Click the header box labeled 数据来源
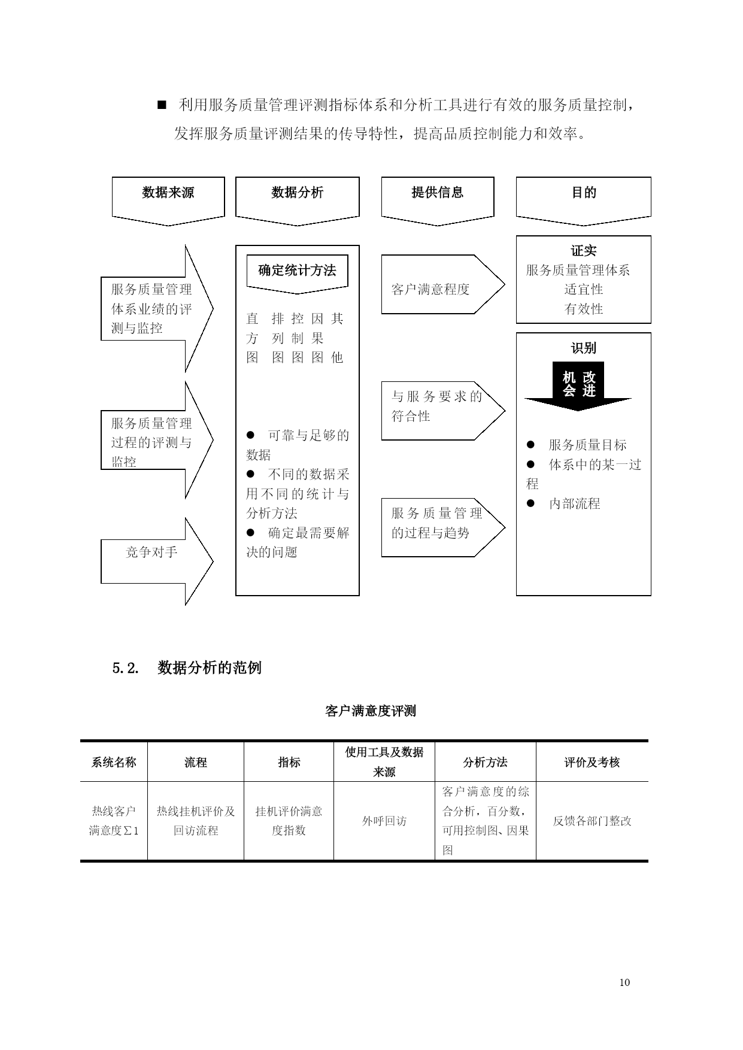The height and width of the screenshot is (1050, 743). click(x=168, y=201)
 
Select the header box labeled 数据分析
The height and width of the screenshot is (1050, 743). click(x=298, y=201)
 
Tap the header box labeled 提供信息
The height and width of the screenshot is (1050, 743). click(x=438, y=201)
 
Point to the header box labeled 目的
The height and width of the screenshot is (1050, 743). click(x=584, y=201)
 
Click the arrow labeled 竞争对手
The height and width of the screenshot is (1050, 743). click(x=157, y=562)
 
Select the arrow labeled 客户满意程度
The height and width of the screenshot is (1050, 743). click(x=443, y=284)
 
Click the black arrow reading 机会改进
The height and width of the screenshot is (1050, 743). click(x=578, y=386)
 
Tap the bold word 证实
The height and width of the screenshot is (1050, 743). click(x=584, y=251)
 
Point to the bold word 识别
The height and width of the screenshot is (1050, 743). click(x=584, y=348)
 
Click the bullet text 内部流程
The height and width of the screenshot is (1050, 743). click(x=575, y=503)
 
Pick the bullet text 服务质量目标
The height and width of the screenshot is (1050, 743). click(x=588, y=445)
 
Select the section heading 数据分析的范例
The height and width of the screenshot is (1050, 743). click(x=210, y=667)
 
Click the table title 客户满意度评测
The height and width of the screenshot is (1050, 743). click(x=371, y=711)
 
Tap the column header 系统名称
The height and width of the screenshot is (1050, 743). click(x=114, y=762)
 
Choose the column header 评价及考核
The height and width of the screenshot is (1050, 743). click(x=592, y=762)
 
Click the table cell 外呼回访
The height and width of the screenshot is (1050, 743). click(x=384, y=821)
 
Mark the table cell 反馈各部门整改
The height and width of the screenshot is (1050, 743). click(x=592, y=821)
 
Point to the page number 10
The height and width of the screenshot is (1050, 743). click(x=625, y=982)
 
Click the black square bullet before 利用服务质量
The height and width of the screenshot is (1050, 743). click(x=161, y=105)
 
